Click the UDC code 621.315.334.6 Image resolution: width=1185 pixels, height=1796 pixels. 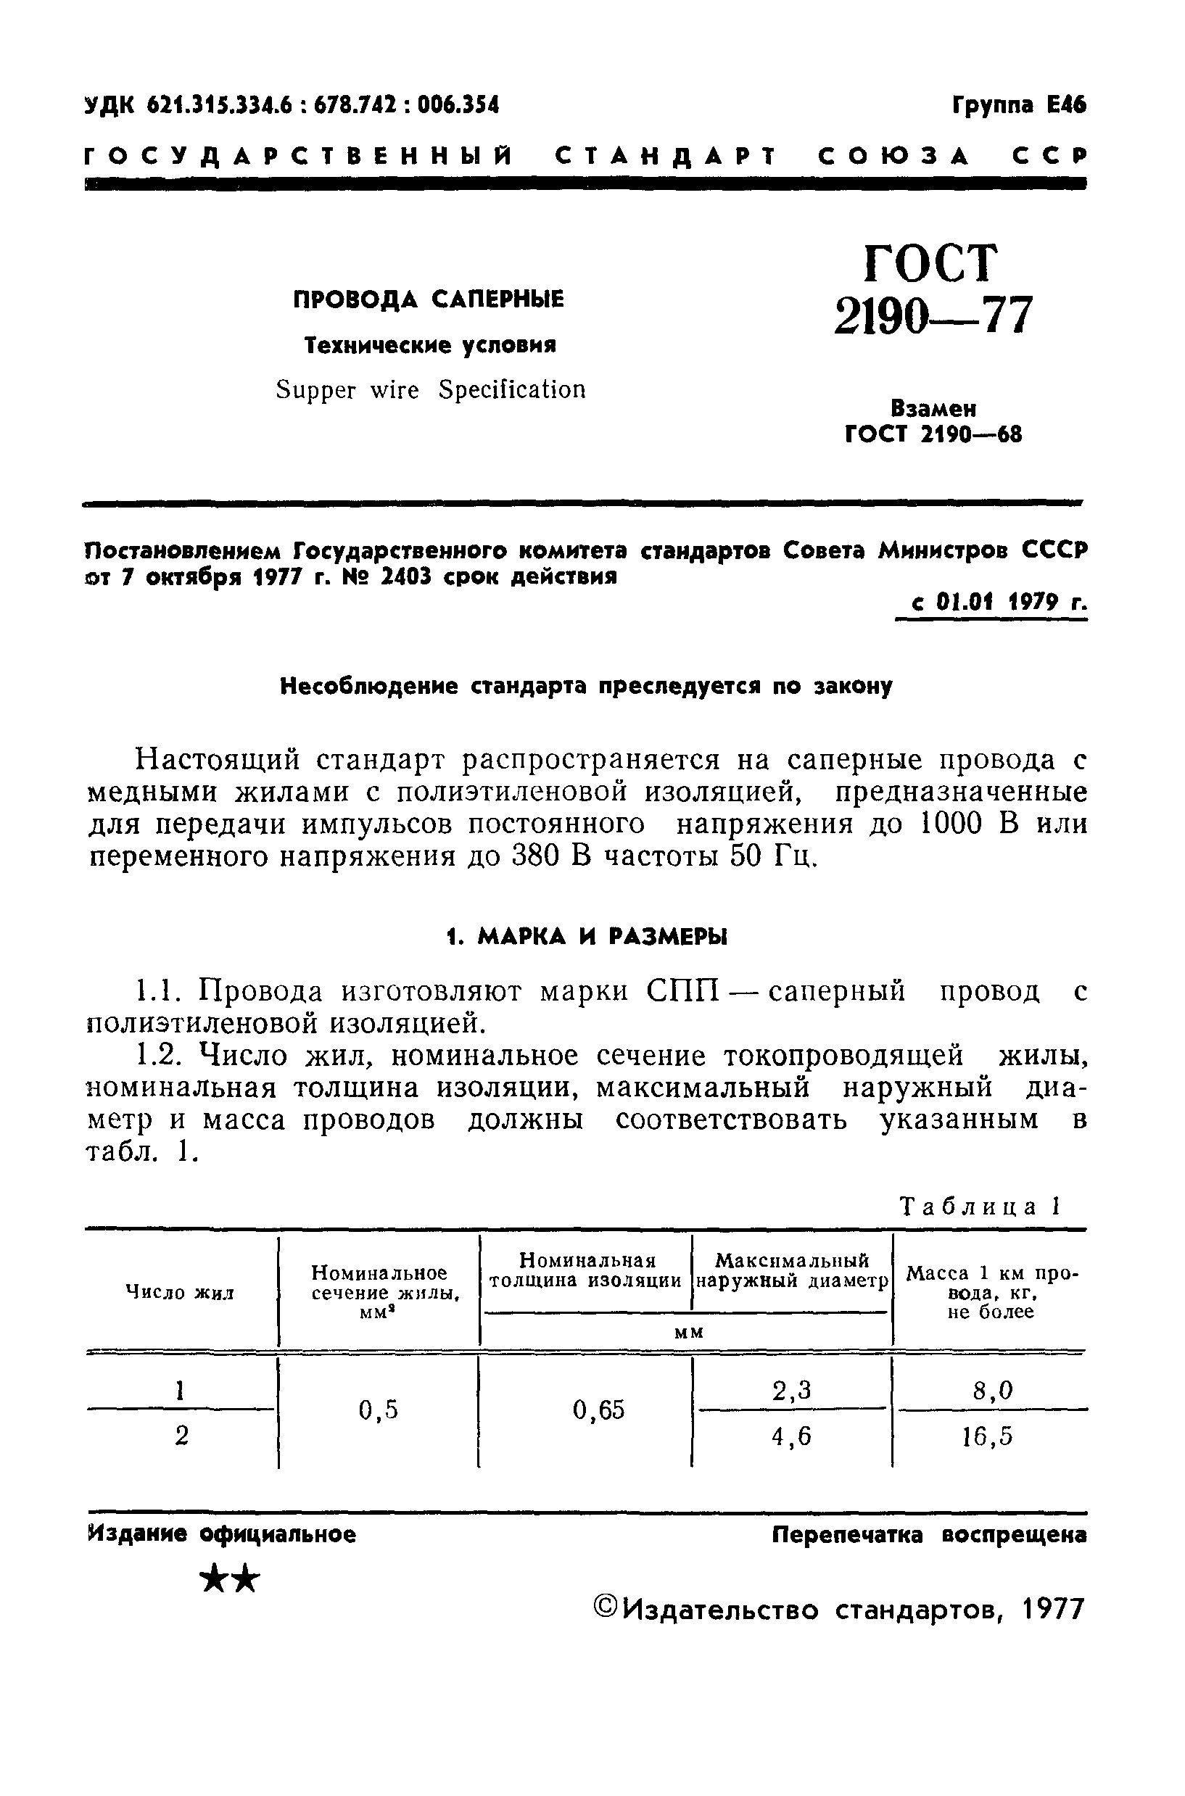[x=219, y=105]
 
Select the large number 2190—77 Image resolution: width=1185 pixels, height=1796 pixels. [x=933, y=315]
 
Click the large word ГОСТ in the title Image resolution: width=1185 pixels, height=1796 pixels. [x=930, y=262]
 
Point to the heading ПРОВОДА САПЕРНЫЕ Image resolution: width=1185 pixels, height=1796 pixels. [x=429, y=300]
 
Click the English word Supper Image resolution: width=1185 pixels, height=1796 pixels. [x=315, y=390]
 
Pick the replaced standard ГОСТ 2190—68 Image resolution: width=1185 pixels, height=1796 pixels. [x=933, y=435]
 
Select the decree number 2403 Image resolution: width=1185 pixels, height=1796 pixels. [x=407, y=577]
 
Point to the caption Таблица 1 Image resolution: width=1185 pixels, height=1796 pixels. [x=980, y=1207]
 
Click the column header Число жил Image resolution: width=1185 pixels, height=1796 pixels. [x=180, y=1293]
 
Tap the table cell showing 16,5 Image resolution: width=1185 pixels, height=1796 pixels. [x=987, y=1436]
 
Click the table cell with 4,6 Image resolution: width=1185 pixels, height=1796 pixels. [x=791, y=1436]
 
